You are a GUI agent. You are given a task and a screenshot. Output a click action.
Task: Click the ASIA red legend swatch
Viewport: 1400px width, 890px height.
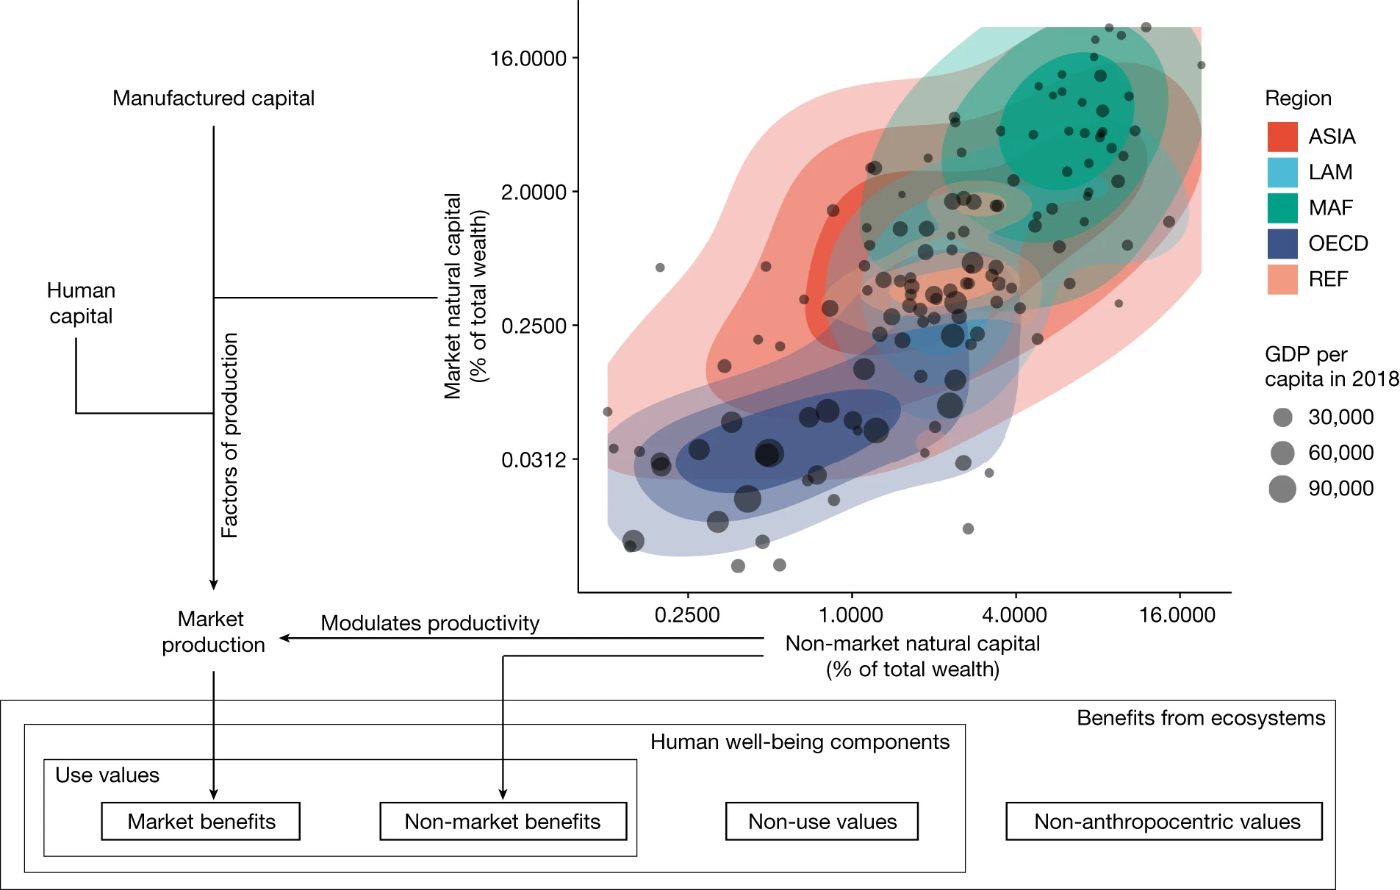click(1282, 137)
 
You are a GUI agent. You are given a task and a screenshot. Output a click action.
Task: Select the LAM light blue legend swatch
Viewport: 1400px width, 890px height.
click(1282, 172)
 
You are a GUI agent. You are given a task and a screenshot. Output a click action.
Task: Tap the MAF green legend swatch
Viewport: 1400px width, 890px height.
click(1282, 208)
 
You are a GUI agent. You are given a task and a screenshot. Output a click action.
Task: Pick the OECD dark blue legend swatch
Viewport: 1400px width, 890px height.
click(1282, 243)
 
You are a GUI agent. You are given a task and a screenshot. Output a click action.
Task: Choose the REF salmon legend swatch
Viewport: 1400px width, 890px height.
click(1282, 279)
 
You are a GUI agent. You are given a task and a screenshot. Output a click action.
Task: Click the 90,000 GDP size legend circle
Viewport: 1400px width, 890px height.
click(1282, 489)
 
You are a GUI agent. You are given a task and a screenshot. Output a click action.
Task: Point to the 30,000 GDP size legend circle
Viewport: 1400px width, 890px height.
click(1282, 417)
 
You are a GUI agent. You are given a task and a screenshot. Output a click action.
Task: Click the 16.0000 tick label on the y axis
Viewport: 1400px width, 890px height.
click(528, 59)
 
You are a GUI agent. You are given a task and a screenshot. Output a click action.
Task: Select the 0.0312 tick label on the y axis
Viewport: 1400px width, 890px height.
click(534, 460)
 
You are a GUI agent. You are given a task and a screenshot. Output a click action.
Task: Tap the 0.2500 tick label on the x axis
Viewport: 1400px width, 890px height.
click(687, 615)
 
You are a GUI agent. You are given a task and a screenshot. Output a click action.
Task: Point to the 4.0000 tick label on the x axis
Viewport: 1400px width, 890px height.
click(1014, 615)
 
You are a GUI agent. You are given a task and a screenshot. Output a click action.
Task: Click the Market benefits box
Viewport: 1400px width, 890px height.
click(201, 821)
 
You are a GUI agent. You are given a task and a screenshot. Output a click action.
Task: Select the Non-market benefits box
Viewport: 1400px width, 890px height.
click(503, 821)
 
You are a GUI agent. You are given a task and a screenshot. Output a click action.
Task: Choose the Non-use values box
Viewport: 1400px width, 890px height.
click(822, 821)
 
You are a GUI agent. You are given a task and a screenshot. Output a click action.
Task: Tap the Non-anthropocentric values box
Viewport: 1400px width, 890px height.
click(1166, 821)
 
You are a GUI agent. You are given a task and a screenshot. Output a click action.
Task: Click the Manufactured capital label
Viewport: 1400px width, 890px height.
click(213, 98)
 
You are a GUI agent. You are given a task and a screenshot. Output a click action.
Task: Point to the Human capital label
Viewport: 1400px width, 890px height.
click(81, 303)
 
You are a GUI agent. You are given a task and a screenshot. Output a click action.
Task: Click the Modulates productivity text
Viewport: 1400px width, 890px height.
click(430, 623)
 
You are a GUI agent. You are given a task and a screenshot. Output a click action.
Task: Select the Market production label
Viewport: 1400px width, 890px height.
click(212, 631)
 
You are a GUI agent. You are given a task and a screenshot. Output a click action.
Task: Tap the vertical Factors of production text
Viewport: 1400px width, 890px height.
click(230, 435)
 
